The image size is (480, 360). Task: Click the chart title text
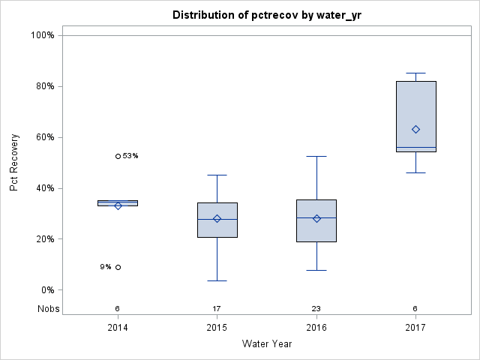[x=266, y=15]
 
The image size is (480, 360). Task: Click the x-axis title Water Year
[x=266, y=344]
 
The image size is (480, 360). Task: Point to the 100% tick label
[x=41, y=35]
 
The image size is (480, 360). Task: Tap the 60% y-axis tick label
[x=43, y=137]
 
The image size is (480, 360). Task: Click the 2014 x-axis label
[x=118, y=328]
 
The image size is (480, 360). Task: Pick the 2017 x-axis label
[x=415, y=328]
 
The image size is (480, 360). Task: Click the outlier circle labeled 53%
[x=118, y=156]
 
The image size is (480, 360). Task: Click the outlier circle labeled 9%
[x=118, y=267]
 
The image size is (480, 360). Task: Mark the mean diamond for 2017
[x=415, y=129]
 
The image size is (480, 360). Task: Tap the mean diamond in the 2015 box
[x=217, y=219]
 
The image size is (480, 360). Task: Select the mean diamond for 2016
[x=316, y=219]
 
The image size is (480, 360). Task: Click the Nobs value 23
[x=316, y=308]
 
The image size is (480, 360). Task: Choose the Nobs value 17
[x=217, y=308]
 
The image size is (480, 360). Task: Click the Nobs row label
[x=49, y=308]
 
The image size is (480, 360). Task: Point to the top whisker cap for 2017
[x=415, y=73]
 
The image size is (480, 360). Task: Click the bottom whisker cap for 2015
[x=217, y=280]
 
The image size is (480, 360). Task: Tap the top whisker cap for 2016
[x=316, y=156]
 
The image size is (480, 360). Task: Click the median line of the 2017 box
[x=415, y=148]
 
